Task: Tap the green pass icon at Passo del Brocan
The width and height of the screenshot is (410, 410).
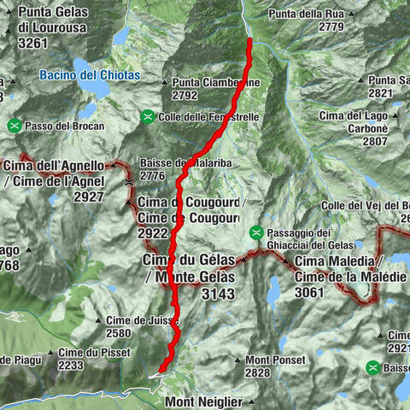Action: (15, 126)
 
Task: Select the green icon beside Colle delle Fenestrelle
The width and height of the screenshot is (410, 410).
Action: (148, 116)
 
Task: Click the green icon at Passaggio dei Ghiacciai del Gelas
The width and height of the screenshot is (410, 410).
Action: (255, 232)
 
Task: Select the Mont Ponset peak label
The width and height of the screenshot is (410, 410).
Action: (275, 360)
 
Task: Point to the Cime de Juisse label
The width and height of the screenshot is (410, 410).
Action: (131, 320)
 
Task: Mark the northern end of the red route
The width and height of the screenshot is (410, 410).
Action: (249, 40)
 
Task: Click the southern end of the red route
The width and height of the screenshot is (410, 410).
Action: (160, 371)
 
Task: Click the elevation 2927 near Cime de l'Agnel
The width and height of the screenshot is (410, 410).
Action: (88, 196)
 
